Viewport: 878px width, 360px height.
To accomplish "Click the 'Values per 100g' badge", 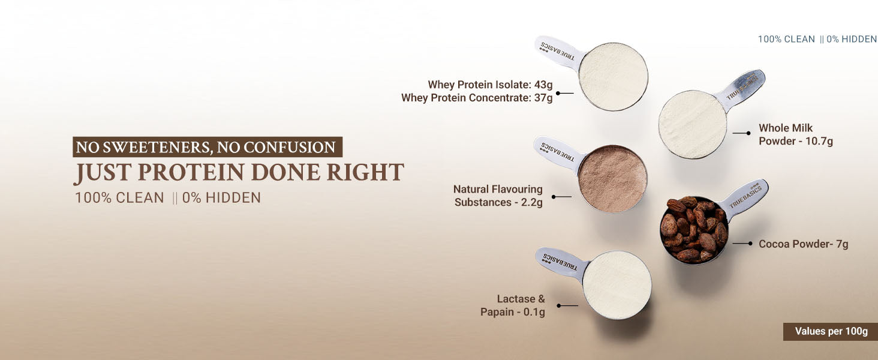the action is pos(830,331).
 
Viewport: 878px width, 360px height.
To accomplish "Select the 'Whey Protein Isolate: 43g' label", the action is pos(490,85).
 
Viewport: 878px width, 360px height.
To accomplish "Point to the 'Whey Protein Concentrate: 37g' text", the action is pos(477,98).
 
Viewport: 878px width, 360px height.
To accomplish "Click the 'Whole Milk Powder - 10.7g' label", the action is pos(796,134).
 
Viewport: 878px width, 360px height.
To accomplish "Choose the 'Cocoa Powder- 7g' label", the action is pos(804,244).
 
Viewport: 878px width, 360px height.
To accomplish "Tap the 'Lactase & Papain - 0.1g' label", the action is pos(513,305).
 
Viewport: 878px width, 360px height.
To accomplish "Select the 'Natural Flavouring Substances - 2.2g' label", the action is pos(498,196).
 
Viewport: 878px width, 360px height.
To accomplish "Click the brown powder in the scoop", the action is pos(612,179).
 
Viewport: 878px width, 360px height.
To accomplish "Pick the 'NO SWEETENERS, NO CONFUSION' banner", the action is pos(208,147).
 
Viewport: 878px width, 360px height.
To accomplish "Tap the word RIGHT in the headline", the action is pos(365,172).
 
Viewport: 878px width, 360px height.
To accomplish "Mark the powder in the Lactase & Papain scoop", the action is pos(617,285).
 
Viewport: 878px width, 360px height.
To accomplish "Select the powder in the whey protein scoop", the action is pos(613,76).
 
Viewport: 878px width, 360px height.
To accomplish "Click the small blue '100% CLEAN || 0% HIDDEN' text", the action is pos(817,39).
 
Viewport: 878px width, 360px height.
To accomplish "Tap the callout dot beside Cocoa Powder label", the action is pos(750,244).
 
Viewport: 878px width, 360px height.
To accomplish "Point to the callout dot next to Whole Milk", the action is pos(748,133).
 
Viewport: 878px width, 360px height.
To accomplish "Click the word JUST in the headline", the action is pos(103,173).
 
